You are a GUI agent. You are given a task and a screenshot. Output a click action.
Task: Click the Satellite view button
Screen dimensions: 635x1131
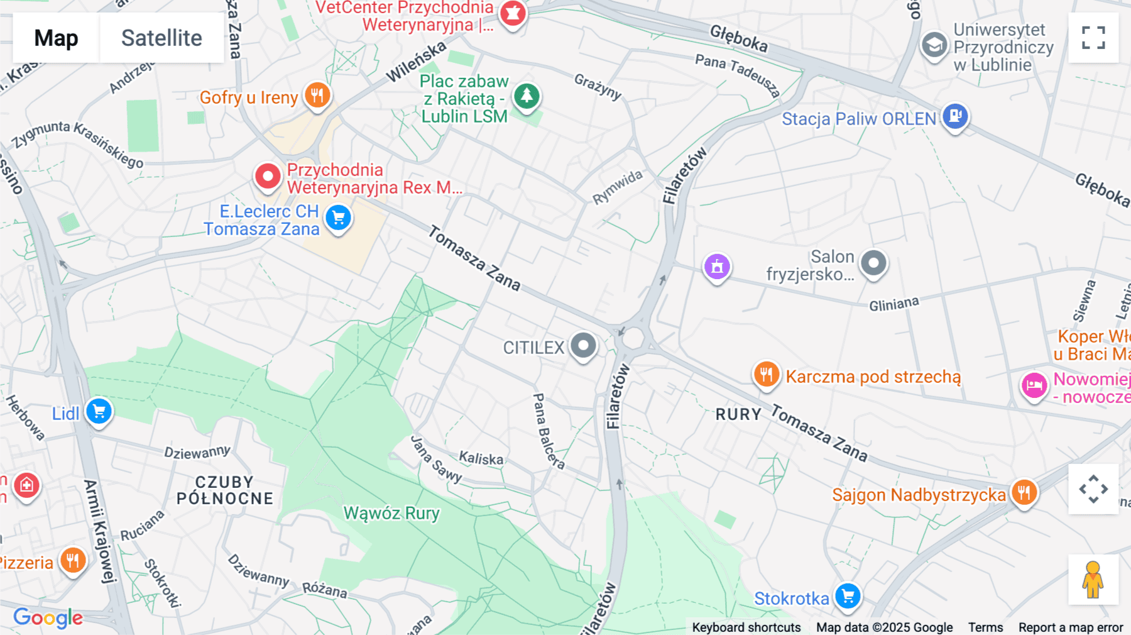(161, 38)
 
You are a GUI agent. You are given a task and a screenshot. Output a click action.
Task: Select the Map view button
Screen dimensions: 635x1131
(56, 38)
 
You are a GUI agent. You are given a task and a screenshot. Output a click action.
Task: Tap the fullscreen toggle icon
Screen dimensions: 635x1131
(1093, 38)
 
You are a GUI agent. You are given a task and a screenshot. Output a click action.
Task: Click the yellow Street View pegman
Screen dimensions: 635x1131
(1093, 580)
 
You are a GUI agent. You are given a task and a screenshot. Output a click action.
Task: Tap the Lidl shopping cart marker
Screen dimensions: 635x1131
(99, 412)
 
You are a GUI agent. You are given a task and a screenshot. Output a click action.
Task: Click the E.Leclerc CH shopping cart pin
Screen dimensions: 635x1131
(339, 218)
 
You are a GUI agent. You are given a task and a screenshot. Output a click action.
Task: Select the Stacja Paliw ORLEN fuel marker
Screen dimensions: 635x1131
(955, 116)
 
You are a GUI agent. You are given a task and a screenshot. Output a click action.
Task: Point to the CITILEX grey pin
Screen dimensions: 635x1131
(583, 345)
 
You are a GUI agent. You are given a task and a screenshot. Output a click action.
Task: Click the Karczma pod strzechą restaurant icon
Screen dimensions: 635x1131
(766, 375)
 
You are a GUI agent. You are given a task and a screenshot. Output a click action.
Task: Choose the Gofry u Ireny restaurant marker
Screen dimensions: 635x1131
(317, 96)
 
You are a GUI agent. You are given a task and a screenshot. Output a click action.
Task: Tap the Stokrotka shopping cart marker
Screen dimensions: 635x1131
(848, 595)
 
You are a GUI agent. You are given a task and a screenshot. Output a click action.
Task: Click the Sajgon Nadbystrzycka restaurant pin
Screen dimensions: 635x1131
(1024, 492)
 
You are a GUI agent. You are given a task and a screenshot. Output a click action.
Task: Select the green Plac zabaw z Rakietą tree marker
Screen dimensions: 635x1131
(527, 96)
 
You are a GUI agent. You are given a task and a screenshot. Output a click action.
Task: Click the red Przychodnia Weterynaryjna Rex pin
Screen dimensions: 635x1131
(268, 177)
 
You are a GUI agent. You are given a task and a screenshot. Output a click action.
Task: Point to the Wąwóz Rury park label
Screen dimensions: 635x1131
(391, 514)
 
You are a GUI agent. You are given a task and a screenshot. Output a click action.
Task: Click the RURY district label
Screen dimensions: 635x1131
(738, 414)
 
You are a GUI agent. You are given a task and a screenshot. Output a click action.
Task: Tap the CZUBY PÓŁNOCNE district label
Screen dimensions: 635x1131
(225, 490)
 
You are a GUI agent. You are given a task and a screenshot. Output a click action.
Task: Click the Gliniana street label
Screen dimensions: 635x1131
(893, 304)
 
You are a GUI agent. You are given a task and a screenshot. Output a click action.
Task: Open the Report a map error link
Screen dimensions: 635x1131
(1070, 627)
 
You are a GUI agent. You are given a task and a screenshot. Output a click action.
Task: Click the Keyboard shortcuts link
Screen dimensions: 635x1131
(746, 627)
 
